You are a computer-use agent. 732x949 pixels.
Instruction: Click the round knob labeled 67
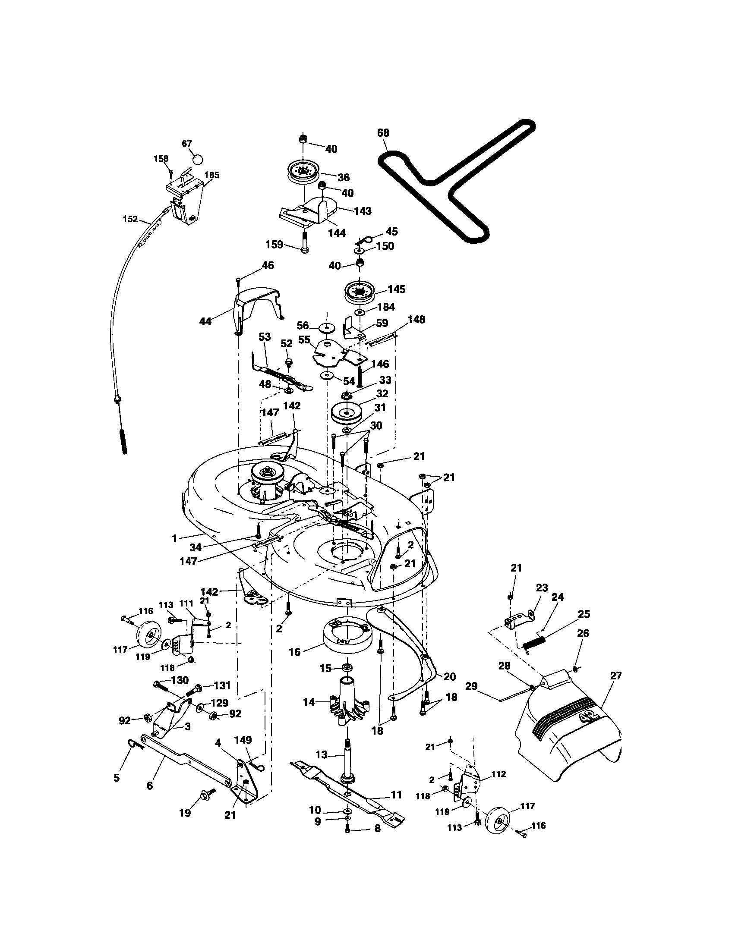pos(197,159)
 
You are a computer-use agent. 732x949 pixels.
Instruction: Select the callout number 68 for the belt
pos(383,133)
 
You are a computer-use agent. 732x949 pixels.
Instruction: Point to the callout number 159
pos(274,245)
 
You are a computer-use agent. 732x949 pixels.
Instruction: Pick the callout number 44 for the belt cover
pos(205,321)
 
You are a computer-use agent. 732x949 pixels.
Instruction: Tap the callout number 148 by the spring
pos(416,320)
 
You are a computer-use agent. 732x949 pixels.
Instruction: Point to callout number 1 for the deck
pos(174,538)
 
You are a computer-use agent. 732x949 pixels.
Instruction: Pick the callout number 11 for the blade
pos(396,795)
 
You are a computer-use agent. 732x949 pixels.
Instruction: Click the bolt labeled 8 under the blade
pos(347,830)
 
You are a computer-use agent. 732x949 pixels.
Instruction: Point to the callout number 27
pos(616,676)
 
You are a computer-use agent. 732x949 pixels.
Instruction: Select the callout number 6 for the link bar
pos(150,786)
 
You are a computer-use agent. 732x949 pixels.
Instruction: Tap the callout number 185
pos(211,175)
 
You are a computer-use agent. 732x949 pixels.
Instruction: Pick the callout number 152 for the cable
pos(130,219)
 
